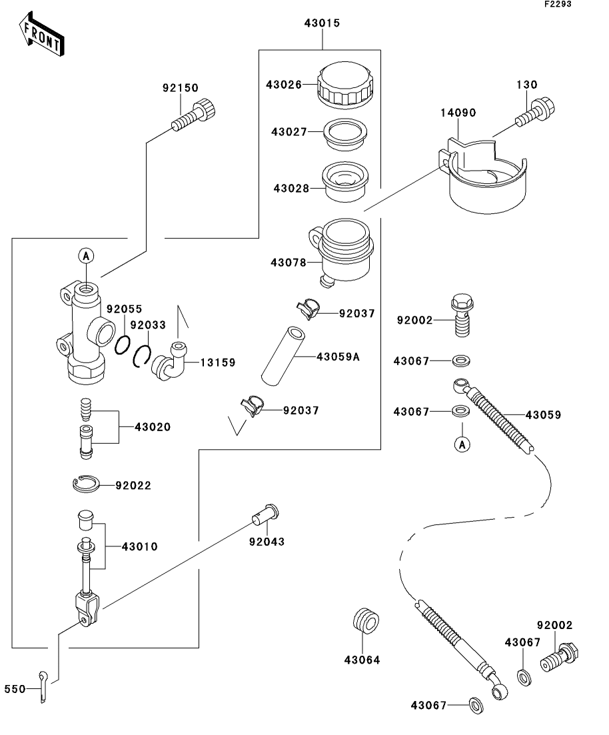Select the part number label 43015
click(322, 23)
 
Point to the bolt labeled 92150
click(194, 115)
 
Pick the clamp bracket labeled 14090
click(483, 176)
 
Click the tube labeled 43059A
click(283, 356)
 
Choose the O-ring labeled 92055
click(122, 345)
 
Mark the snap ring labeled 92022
click(86, 484)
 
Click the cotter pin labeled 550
click(43, 687)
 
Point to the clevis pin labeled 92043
click(265, 515)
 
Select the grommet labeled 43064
click(366, 622)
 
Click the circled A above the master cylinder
click(86, 256)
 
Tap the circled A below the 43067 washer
click(462, 444)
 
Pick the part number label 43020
click(153, 427)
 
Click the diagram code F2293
click(558, 4)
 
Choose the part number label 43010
click(140, 546)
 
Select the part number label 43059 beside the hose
click(543, 415)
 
